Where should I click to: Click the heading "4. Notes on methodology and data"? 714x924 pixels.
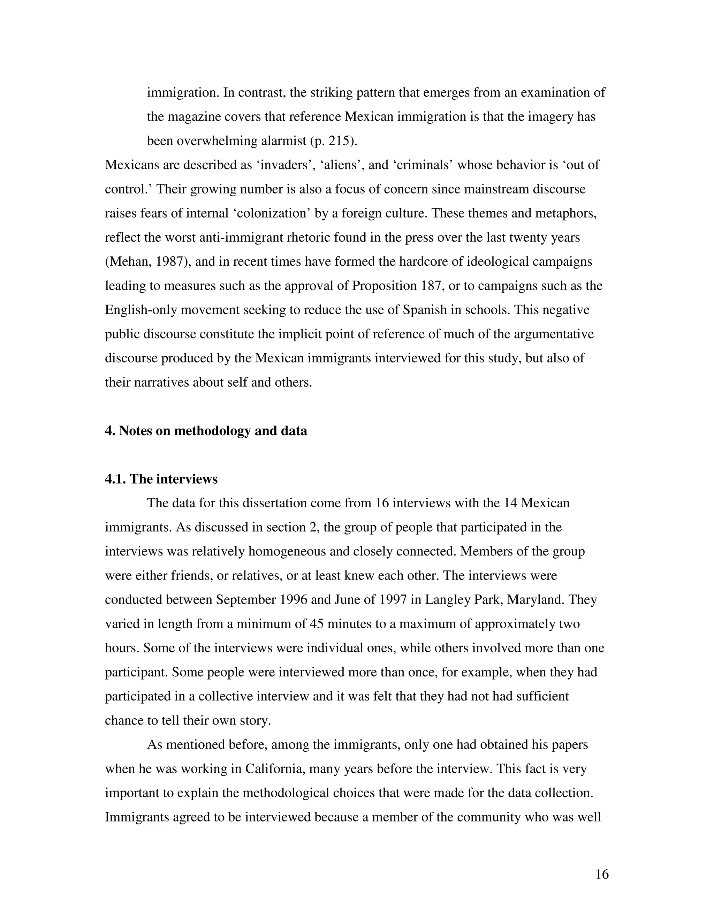pos(206,431)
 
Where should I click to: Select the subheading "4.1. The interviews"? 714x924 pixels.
pos(161,479)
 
